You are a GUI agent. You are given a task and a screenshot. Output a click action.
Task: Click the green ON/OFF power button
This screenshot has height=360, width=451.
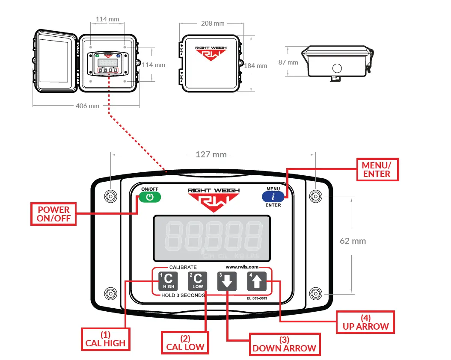pyautogui.click(x=149, y=197)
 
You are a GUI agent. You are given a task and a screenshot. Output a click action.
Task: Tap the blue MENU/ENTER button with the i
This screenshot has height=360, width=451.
pyautogui.click(x=273, y=197)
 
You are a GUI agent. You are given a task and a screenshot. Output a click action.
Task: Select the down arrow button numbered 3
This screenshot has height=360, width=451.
pyautogui.click(x=227, y=281)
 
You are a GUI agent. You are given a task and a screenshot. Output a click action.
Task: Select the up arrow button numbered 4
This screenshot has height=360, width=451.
pyautogui.click(x=257, y=281)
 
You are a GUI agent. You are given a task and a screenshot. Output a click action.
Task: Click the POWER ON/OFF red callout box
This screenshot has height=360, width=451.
pyautogui.click(x=53, y=214)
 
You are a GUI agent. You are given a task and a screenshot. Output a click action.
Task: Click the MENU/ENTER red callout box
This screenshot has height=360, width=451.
pyautogui.click(x=376, y=169)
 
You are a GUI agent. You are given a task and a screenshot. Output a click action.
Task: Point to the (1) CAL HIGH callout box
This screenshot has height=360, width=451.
pyautogui.click(x=105, y=339)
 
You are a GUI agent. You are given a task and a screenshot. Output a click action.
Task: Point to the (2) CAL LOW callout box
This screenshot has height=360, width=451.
pyautogui.click(x=185, y=342)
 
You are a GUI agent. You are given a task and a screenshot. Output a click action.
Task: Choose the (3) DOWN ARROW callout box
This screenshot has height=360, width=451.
pyautogui.click(x=284, y=344)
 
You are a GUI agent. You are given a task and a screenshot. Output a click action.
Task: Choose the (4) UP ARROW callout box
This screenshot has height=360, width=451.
pyautogui.click(x=365, y=322)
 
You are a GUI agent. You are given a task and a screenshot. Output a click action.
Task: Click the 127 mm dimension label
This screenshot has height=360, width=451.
pyautogui.click(x=211, y=154)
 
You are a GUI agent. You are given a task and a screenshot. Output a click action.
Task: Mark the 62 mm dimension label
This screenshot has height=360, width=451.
pyautogui.click(x=353, y=241)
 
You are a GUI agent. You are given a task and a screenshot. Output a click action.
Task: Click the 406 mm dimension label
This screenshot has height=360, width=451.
pyautogui.click(x=88, y=106)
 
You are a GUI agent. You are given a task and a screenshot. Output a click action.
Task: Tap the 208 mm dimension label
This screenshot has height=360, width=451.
pyautogui.click(x=213, y=23)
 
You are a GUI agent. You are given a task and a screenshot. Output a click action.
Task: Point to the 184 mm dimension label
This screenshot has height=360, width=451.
pyautogui.click(x=255, y=65)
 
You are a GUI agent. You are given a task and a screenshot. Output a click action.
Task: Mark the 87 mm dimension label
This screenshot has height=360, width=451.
pyautogui.click(x=288, y=62)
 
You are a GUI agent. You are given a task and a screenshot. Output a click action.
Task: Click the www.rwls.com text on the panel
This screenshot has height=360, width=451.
pyautogui.click(x=242, y=267)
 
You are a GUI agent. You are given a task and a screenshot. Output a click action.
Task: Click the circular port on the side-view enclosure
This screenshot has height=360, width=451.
pyautogui.click(x=337, y=68)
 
